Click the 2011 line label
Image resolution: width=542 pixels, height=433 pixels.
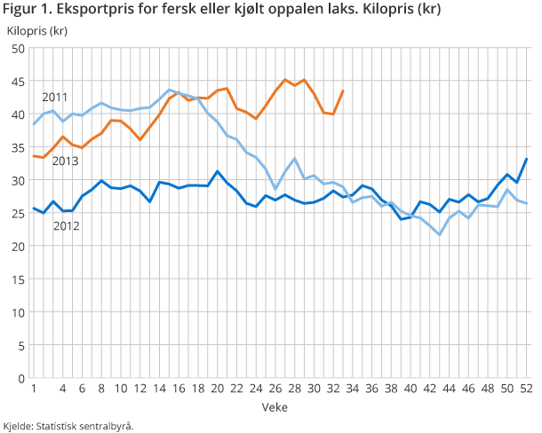(x=54, y=97)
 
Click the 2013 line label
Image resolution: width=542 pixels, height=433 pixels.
(x=65, y=161)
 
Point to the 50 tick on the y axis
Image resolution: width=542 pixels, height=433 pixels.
(x=17, y=49)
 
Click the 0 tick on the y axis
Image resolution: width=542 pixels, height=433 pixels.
(x=20, y=378)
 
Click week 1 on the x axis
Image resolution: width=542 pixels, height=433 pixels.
(x=33, y=389)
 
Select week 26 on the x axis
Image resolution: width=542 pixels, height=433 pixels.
(x=275, y=389)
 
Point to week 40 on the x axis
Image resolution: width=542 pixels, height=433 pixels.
(x=411, y=389)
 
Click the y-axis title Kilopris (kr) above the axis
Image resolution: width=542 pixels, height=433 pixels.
(x=37, y=30)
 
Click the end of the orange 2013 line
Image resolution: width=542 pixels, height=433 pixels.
(x=343, y=91)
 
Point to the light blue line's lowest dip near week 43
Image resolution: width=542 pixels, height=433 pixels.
(x=440, y=234)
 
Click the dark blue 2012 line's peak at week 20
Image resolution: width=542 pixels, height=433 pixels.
(x=218, y=171)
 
